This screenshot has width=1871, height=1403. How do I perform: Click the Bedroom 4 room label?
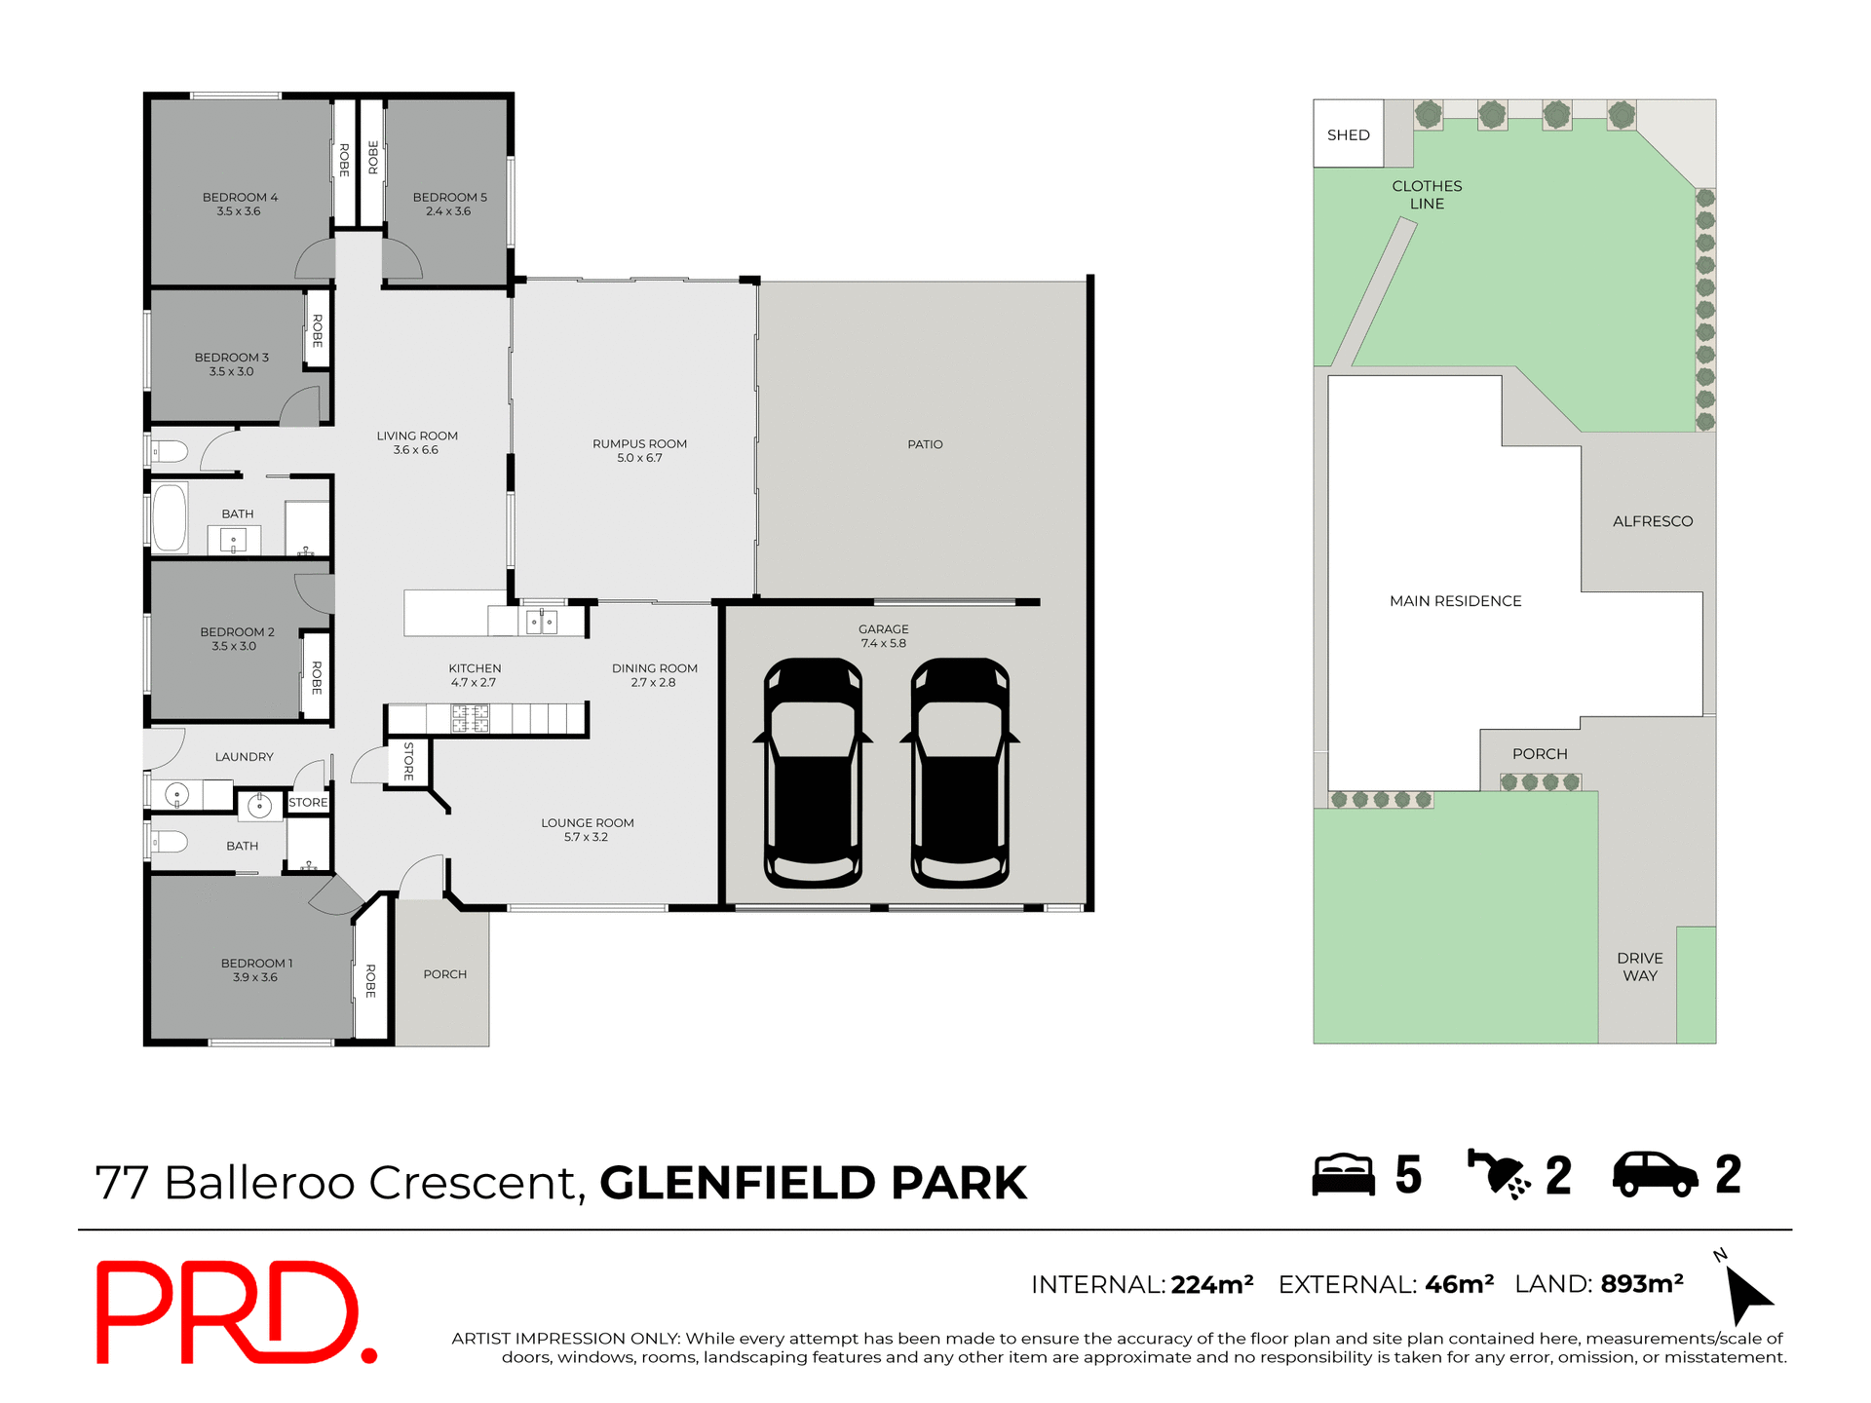tap(240, 204)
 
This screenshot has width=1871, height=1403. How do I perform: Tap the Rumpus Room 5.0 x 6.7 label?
tap(639, 450)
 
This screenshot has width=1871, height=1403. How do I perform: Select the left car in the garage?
tap(813, 773)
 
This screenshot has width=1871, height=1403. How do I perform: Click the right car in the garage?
tap(960, 773)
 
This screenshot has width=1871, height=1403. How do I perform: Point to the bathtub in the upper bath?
tap(170, 518)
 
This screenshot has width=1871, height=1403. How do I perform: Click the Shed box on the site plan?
tap(1348, 134)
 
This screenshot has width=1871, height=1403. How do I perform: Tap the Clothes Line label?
tap(1427, 194)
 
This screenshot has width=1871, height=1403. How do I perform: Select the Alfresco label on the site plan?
tap(1652, 521)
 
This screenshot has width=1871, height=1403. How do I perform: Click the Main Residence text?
tap(1455, 601)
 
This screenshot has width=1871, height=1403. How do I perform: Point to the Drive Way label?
tap(1639, 967)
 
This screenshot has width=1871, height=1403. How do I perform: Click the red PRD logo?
tap(234, 1311)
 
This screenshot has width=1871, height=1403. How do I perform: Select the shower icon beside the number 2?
tap(1499, 1174)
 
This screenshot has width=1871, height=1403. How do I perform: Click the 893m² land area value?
tap(1641, 1284)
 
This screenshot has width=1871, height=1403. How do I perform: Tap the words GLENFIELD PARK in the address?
tap(813, 1183)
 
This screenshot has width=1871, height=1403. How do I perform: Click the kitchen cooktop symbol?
tap(470, 719)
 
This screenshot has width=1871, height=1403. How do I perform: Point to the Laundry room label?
tap(244, 757)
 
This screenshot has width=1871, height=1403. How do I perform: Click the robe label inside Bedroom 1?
tap(370, 980)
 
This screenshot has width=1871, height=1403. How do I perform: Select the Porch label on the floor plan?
tap(444, 974)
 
